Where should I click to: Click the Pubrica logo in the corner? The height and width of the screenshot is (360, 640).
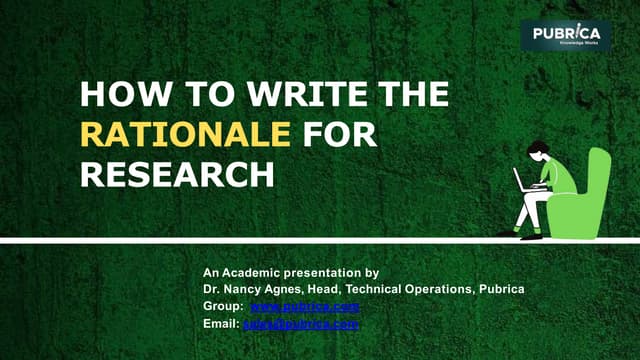click(565, 36)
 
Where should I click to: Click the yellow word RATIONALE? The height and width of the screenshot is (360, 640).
click(185, 134)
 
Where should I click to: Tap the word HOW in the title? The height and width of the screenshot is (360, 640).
click(117, 95)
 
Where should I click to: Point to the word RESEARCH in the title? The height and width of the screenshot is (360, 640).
click(177, 173)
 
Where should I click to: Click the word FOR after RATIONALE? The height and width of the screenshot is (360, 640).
click(340, 134)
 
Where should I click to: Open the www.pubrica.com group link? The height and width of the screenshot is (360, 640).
click(304, 306)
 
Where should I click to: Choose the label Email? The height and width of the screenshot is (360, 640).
click(220, 324)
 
